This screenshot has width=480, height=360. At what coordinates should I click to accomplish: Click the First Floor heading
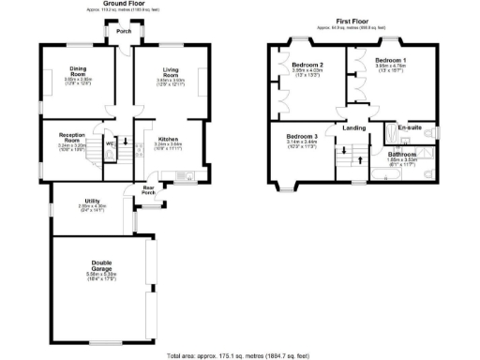pos(353,21)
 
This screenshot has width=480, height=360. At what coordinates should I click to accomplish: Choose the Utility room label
pos(91,200)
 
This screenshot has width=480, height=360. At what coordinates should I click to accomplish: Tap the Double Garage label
pos(103,264)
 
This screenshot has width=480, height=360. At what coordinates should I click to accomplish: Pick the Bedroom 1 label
pos(390,59)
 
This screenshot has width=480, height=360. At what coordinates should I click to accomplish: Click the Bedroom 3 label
pos(303,136)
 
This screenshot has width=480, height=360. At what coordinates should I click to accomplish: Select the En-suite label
pos(410,127)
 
